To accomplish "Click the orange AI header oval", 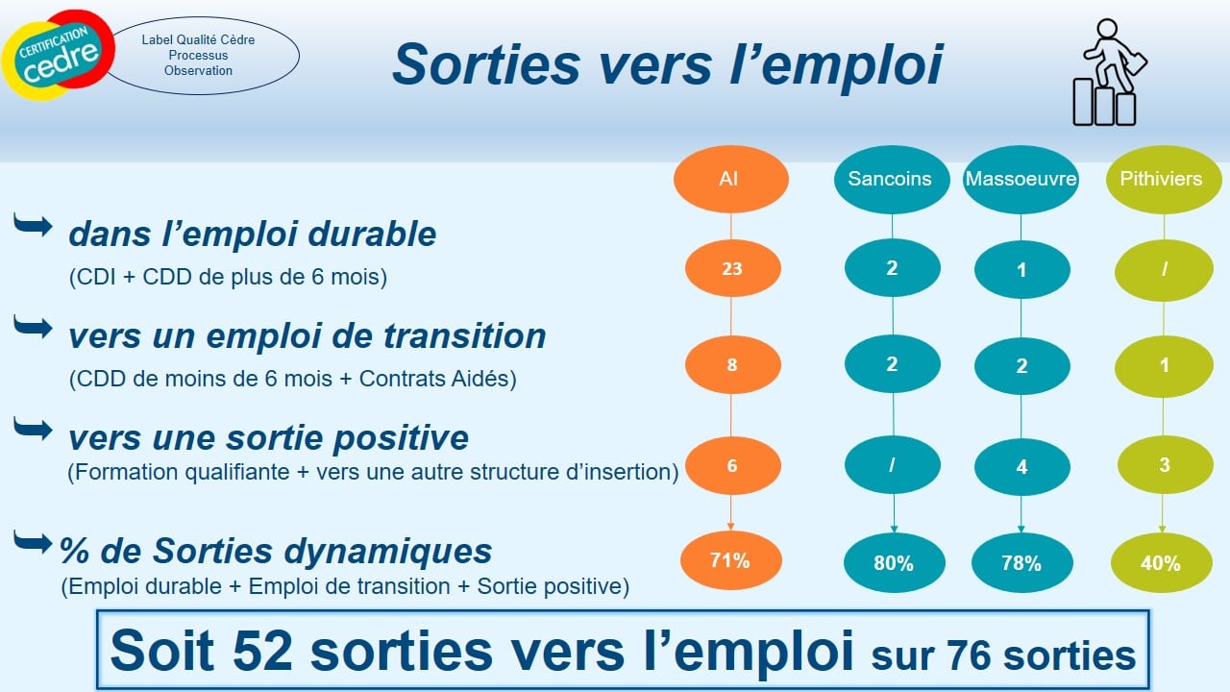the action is [731, 179].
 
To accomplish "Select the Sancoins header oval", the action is [892, 179].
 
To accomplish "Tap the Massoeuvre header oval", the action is [1021, 179].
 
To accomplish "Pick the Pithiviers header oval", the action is [1164, 179].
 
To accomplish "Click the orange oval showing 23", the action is [732, 268].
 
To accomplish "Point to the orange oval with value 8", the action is [732, 364].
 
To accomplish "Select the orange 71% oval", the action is [731, 560].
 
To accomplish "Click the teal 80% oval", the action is [894, 563].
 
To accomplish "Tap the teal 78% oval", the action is [1021, 563].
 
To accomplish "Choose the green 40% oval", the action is [1162, 563].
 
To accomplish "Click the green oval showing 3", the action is [1165, 465].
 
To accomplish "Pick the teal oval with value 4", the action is [1021, 467].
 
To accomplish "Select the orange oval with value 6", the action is [732, 466].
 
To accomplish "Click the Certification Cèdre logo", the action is [59, 55].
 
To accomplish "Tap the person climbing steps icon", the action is [1109, 72].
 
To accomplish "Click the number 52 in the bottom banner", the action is [262, 652].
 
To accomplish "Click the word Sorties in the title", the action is [486, 64].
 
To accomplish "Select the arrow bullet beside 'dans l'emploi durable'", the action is [33, 225].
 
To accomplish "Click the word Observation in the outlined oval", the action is [198, 71].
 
